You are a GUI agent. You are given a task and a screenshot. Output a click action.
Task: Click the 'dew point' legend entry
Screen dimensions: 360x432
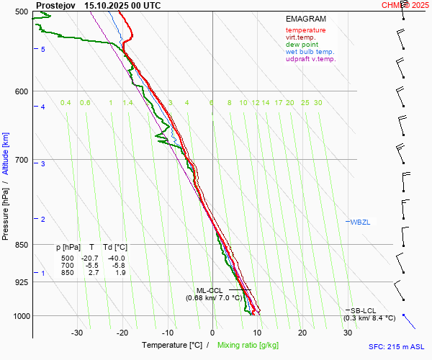(302, 45)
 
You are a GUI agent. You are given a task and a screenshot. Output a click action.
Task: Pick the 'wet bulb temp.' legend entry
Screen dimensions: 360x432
(310, 52)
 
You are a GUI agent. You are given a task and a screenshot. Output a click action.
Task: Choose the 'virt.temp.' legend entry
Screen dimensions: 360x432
(301, 37)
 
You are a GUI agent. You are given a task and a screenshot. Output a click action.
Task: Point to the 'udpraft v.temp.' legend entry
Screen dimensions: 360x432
(311, 59)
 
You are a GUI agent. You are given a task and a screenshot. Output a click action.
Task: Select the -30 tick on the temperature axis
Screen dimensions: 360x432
(77, 333)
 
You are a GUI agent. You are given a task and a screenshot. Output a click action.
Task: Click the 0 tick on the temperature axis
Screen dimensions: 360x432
(212, 333)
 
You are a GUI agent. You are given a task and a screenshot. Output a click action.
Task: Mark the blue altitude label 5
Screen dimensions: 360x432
(43, 49)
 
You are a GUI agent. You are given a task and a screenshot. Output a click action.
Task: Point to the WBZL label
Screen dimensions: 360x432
(359, 222)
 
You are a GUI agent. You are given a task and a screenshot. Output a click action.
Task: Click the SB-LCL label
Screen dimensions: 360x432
(360, 310)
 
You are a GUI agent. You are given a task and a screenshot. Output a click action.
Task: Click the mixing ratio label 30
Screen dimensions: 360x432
(318, 103)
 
